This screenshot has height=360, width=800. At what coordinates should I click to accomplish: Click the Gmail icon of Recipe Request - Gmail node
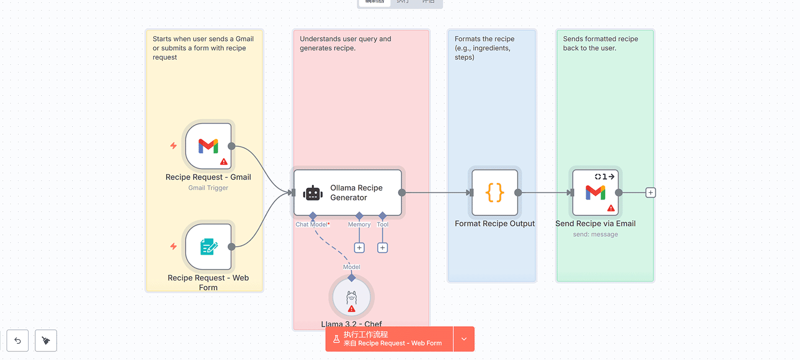click(x=208, y=146)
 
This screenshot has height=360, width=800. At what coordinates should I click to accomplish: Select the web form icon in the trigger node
click(x=209, y=247)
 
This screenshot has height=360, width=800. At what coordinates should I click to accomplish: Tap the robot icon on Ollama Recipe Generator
click(x=313, y=193)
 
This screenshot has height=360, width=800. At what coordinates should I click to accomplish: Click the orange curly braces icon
click(x=495, y=193)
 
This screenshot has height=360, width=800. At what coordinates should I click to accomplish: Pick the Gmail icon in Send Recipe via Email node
click(x=595, y=192)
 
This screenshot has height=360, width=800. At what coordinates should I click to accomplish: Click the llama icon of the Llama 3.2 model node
click(x=351, y=298)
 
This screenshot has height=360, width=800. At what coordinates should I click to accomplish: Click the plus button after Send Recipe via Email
click(x=650, y=193)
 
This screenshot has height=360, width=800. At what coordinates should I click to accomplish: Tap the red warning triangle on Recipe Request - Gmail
click(x=224, y=162)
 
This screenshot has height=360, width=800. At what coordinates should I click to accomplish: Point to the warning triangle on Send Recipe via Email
click(x=611, y=208)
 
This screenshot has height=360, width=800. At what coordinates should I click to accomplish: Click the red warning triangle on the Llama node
click(x=351, y=309)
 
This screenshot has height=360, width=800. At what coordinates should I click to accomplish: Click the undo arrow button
click(x=18, y=340)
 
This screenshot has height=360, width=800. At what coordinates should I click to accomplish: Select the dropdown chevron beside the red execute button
click(x=464, y=339)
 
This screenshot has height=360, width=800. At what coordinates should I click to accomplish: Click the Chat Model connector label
click(x=312, y=225)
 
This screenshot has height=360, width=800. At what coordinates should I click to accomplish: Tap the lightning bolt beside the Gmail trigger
click(x=173, y=146)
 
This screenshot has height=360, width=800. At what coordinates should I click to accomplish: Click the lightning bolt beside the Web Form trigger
click(x=173, y=246)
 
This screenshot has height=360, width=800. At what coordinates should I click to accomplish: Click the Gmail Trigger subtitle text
click(x=208, y=188)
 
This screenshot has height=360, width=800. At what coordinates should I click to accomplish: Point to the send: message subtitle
click(x=595, y=234)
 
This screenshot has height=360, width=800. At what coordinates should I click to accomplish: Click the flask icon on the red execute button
click(x=336, y=339)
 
